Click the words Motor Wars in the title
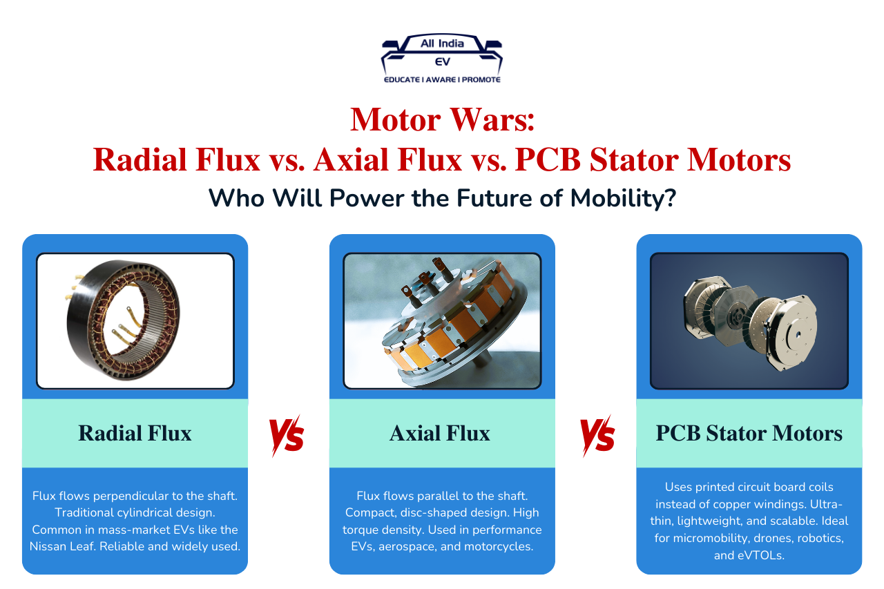(x=442, y=119)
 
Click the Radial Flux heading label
(x=135, y=433)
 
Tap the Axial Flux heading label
(x=440, y=433)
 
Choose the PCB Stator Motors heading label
(x=749, y=433)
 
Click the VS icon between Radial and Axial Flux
(x=286, y=435)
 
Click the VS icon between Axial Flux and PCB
(x=597, y=435)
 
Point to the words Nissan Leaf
(x=64, y=545)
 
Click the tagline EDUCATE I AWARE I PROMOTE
(x=442, y=79)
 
